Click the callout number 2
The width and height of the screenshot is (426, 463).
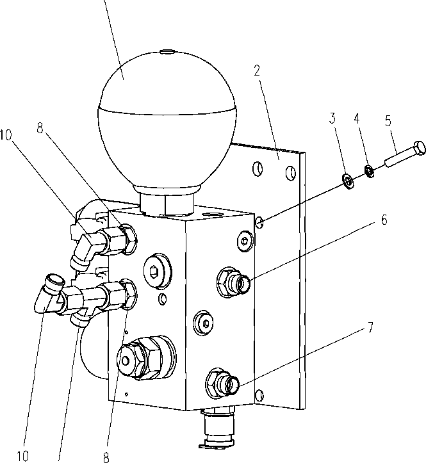click(x=257, y=70)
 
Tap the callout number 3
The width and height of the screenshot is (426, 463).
click(x=332, y=118)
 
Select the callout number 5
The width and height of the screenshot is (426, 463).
click(x=388, y=121)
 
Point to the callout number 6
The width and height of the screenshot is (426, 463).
click(x=384, y=220)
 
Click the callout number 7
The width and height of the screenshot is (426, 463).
click(x=370, y=327)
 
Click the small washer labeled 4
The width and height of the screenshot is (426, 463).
click(x=370, y=171)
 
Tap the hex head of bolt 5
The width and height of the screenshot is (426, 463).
click(x=420, y=147)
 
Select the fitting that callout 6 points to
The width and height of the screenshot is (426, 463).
click(x=234, y=281)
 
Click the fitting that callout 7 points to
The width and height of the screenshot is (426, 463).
click(x=223, y=383)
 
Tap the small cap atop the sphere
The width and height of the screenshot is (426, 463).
click(x=167, y=53)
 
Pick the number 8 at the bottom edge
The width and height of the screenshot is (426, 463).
click(x=106, y=457)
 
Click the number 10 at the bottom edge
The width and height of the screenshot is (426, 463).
click(x=22, y=456)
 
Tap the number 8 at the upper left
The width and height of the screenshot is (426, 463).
click(x=40, y=129)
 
